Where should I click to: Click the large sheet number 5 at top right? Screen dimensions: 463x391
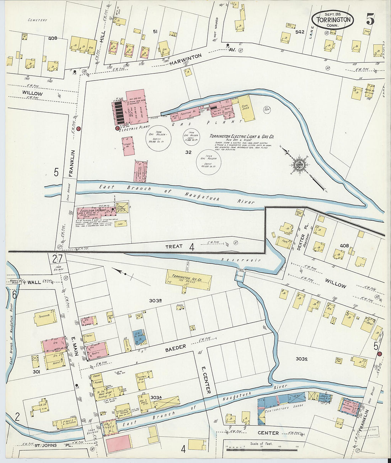tap(370, 19)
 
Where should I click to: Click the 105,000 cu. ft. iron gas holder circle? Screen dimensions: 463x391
tap(158, 138)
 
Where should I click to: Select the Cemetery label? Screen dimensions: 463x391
tap(38, 20)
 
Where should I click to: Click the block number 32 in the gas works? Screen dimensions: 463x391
tap(188, 152)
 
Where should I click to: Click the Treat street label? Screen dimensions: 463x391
tap(174, 246)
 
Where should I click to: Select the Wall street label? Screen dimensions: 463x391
tap(34, 282)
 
